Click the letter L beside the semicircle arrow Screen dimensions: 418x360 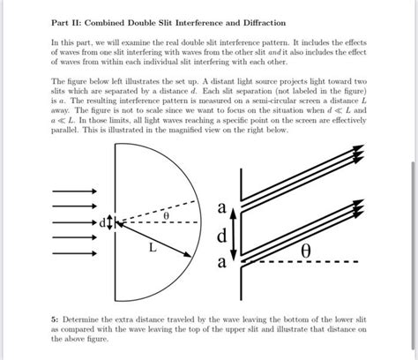(x=152, y=248)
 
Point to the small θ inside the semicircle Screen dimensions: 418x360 (x=163, y=214)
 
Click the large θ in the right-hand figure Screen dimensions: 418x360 (x=305, y=251)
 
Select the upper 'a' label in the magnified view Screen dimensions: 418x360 (x=222, y=207)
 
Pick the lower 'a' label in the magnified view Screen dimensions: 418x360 (x=222, y=263)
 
